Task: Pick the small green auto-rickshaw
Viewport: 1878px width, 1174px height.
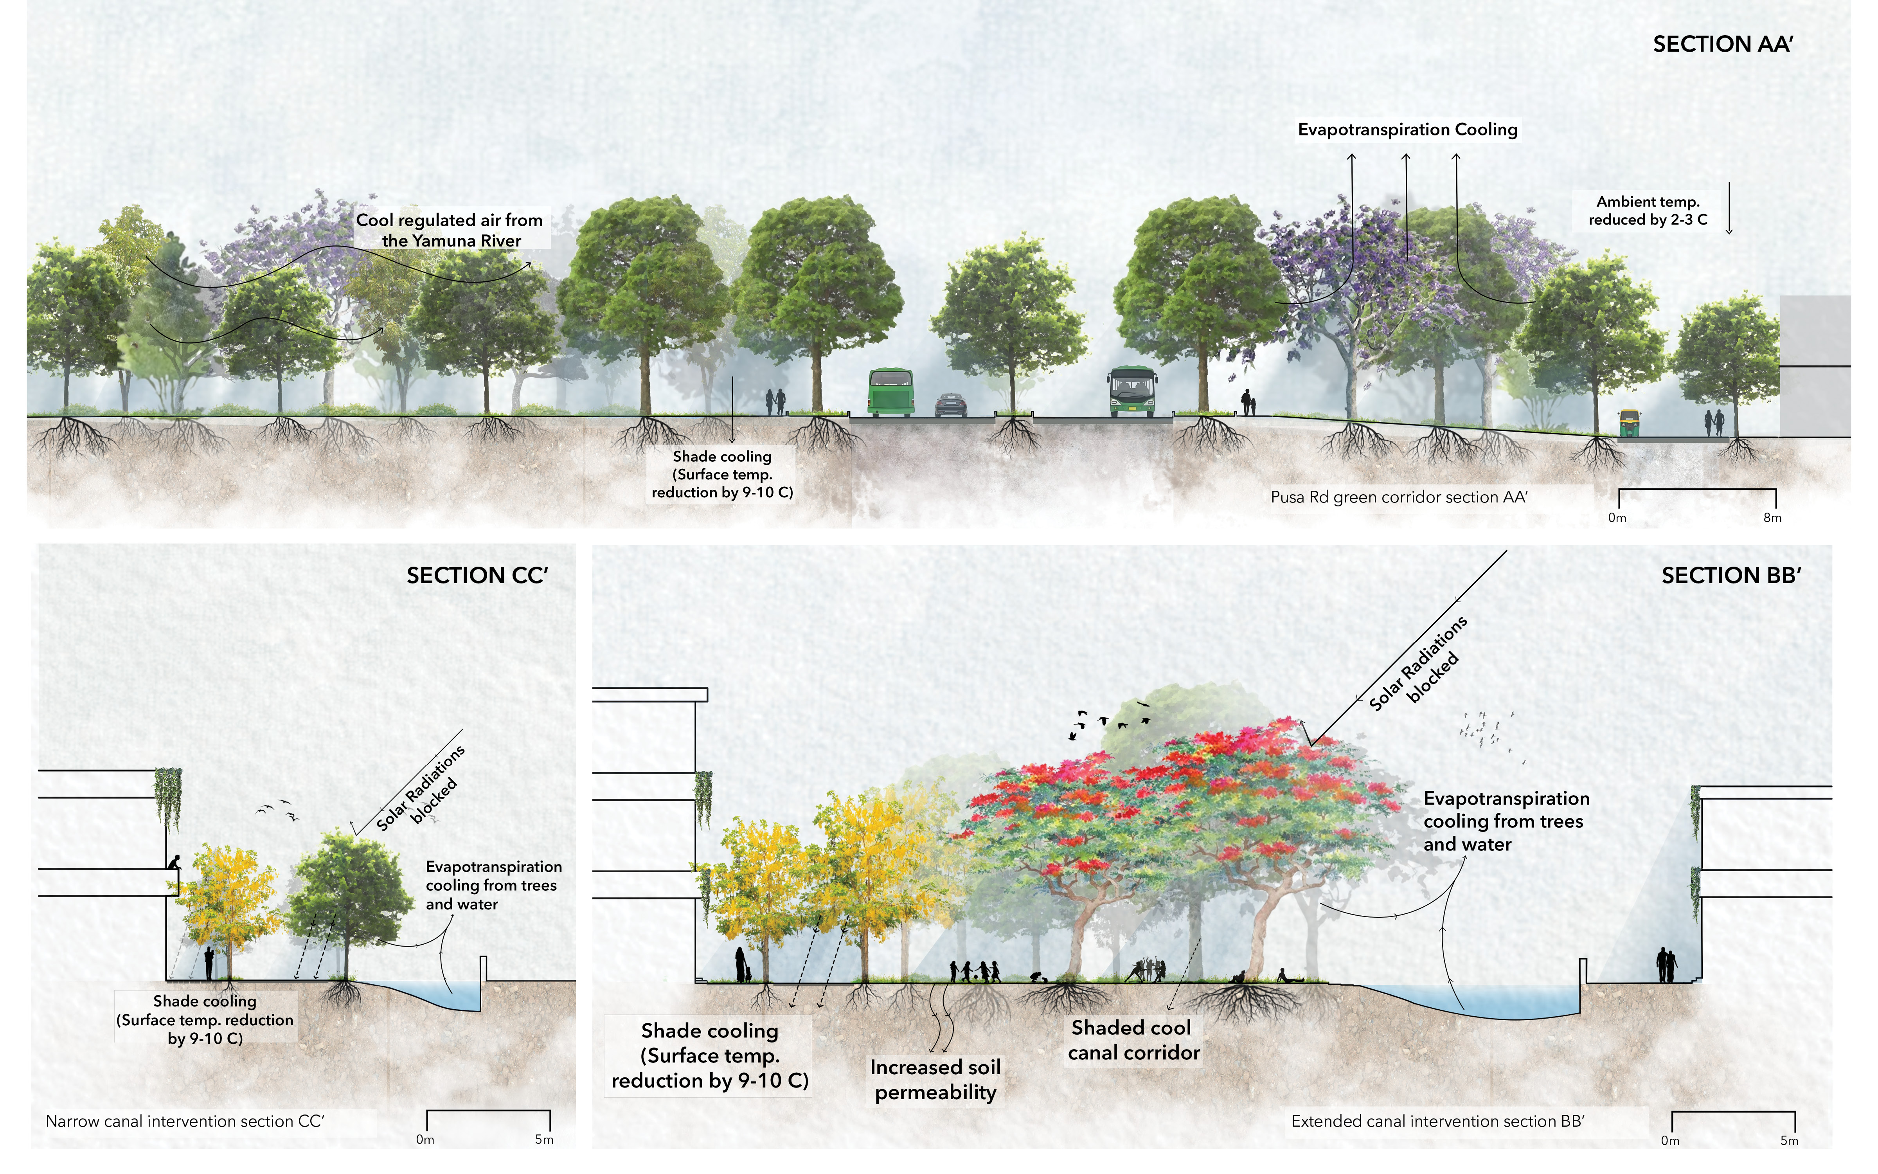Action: point(1628,423)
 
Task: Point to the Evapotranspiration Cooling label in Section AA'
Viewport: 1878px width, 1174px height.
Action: point(1407,130)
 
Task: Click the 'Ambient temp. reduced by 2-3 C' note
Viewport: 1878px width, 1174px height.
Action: point(1648,211)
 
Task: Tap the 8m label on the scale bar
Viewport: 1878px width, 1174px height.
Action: point(1772,518)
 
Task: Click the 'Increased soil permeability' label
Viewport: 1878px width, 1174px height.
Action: point(935,1079)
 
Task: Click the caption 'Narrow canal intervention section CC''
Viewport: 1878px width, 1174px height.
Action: point(185,1121)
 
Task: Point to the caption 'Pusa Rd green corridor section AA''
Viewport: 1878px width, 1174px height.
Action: point(1398,497)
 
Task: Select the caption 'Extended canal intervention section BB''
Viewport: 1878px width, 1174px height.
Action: point(1437,1121)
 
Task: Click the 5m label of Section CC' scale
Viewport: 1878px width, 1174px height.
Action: point(544,1140)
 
